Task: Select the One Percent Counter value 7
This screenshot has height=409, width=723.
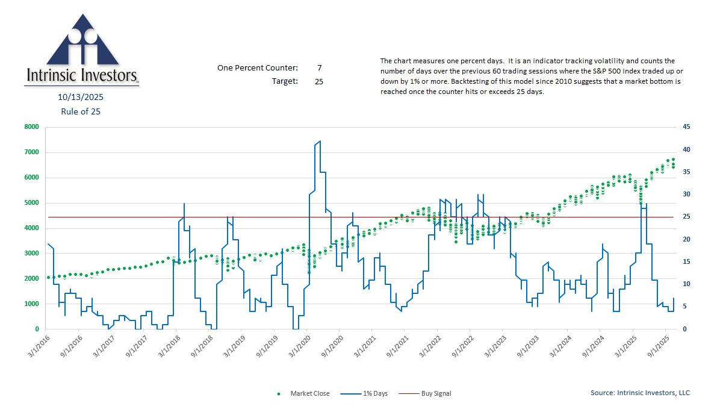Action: [x=319, y=67]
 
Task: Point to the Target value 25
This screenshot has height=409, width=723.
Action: [x=318, y=81]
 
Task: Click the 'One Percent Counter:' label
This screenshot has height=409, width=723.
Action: [x=258, y=67]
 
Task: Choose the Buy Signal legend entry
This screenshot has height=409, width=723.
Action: [x=435, y=393]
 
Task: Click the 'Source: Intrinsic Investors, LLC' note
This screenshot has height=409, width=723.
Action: [x=640, y=393]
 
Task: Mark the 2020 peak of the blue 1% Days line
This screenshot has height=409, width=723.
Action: [x=319, y=142]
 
